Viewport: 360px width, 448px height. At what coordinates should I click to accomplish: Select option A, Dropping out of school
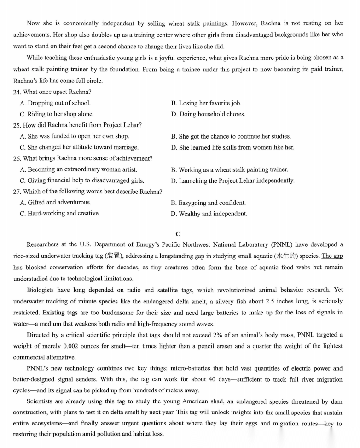[x=55, y=103]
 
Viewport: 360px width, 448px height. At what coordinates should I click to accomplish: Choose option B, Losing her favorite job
[x=206, y=103]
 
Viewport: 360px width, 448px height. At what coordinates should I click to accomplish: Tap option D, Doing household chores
[x=208, y=114]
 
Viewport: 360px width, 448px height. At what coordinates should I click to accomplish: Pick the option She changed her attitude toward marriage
[x=79, y=147]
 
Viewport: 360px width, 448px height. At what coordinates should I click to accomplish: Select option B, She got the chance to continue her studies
[x=231, y=136]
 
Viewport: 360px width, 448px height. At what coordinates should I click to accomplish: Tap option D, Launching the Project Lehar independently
[x=232, y=180]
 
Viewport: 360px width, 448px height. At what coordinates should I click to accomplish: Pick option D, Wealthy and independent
[x=209, y=214]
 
